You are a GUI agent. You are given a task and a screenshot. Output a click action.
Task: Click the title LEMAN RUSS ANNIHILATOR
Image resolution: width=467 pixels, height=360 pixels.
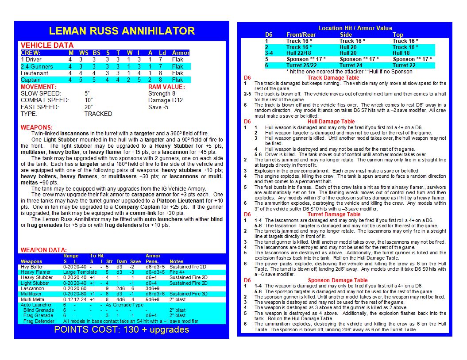pyautogui.click(x=122, y=31)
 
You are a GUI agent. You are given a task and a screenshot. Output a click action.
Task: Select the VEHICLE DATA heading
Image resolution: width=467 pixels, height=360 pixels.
pyautogui.click(x=47, y=45)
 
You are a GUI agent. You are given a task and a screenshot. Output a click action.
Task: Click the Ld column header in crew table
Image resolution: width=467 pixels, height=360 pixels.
pyautogui.click(x=162, y=53)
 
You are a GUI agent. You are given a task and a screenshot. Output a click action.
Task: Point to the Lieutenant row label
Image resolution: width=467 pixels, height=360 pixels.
pyautogui.click(x=35, y=73)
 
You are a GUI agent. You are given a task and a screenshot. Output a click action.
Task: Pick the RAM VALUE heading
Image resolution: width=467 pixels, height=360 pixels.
pyautogui.click(x=166, y=87)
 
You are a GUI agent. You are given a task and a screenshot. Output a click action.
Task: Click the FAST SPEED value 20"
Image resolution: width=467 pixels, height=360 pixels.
pyautogui.click(x=89, y=107)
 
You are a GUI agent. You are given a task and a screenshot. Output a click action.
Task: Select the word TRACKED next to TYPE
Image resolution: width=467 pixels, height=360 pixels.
pyautogui.click(x=98, y=114)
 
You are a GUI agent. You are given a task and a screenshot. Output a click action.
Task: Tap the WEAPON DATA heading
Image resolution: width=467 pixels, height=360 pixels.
pyautogui.click(x=44, y=250)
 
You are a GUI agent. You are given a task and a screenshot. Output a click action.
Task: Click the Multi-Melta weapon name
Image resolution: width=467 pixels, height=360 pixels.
pyautogui.click(x=31, y=299)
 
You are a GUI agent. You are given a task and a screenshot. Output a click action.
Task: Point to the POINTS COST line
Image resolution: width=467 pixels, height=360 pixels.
pyautogui.click(x=121, y=329)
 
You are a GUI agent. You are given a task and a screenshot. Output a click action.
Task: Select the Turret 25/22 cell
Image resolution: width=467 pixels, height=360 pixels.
pyautogui.click(x=301, y=65)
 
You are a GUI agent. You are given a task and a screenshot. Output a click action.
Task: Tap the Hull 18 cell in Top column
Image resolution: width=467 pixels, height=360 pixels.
pyautogui.click(x=401, y=53)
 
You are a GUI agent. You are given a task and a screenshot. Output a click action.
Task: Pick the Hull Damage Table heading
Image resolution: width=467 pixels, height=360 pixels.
pyautogui.click(x=331, y=122)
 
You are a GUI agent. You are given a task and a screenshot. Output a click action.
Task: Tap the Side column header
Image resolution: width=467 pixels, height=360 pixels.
pyautogui.click(x=346, y=34)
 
